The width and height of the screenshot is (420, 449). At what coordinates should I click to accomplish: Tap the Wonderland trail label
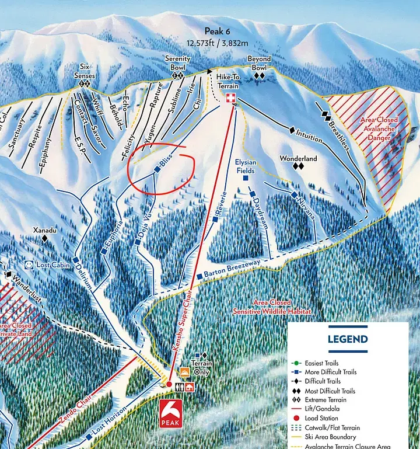point(298,158)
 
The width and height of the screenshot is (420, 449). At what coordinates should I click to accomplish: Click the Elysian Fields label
point(246,166)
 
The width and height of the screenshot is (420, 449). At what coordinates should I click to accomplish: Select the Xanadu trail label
point(45,230)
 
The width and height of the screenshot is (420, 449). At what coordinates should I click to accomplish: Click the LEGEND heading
point(347,339)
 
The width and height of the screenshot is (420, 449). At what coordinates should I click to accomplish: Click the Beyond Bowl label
point(260,63)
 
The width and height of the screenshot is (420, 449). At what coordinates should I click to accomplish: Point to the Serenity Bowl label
point(177,63)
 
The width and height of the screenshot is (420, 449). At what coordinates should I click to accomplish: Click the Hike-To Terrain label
point(232,81)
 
